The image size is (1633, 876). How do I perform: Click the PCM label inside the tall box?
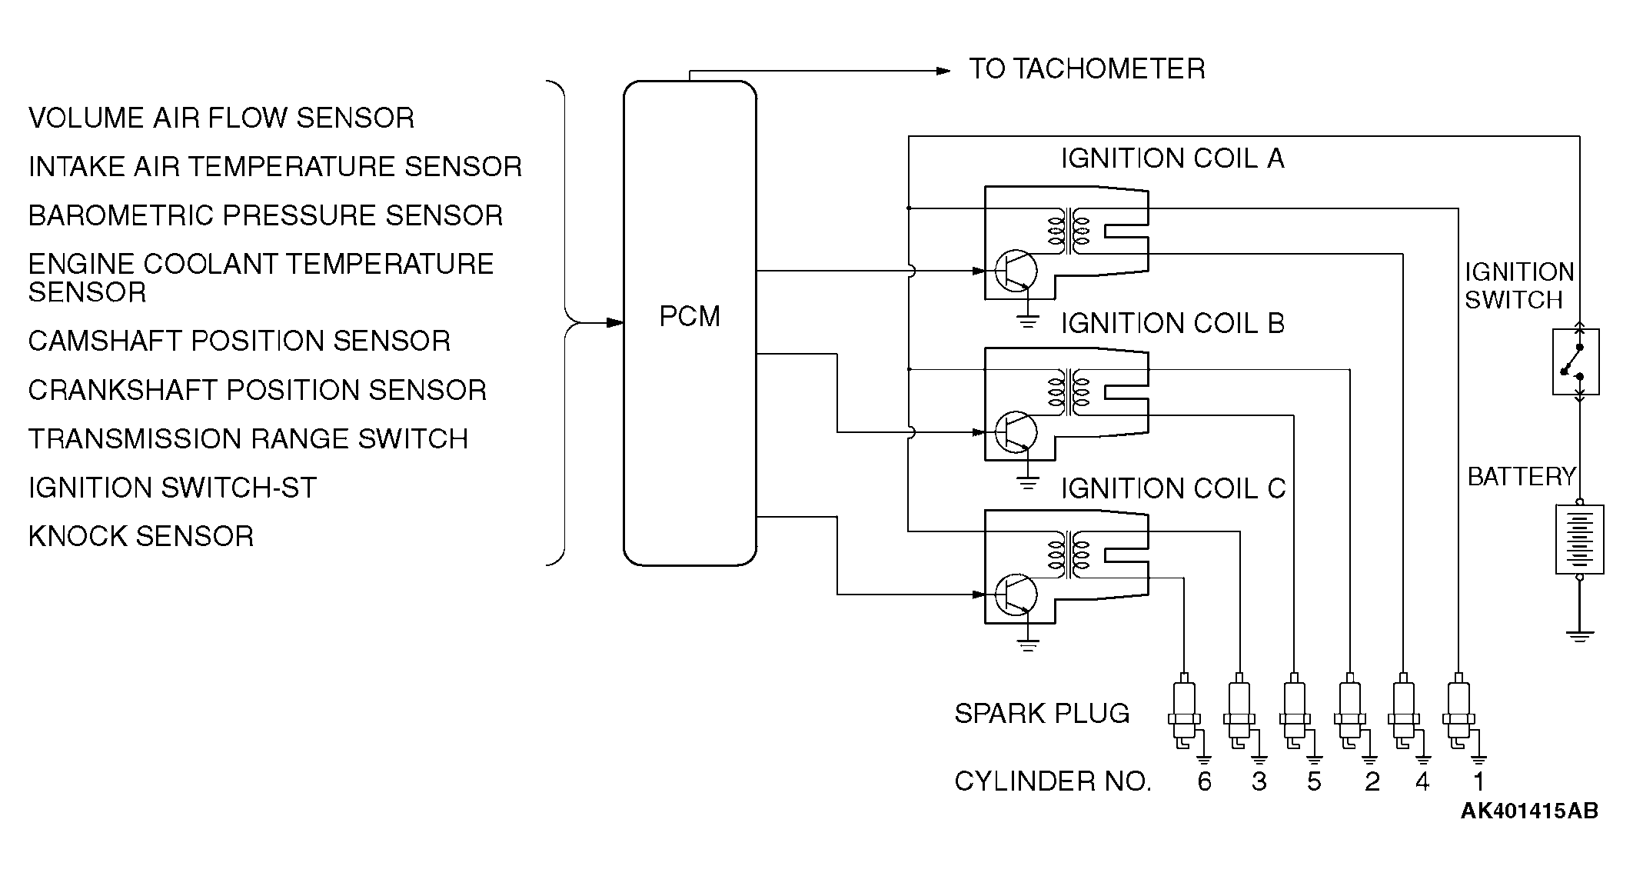pyautogui.click(x=690, y=316)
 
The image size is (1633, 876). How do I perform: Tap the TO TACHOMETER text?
pyautogui.click(x=1086, y=69)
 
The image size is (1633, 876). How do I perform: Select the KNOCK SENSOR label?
pyautogui.click(x=141, y=536)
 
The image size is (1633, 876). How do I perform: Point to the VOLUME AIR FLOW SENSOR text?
pyautogui.click(x=221, y=118)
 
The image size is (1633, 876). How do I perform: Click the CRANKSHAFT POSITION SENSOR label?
pyautogui.click(x=257, y=390)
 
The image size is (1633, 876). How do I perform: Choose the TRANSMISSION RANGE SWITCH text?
pyautogui.click(x=248, y=438)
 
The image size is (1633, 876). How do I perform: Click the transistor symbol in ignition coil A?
pyautogui.click(x=1015, y=271)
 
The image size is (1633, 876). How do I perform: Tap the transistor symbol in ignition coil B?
pyautogui.click(x=1015, y=432)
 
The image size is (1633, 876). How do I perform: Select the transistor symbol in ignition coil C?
pyautogui.click(x=1015, y=595)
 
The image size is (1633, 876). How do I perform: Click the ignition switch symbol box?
pyautogui.click(x=1575, y=361)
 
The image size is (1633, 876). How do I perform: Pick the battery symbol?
pyautogui.click(x=1579, y=539)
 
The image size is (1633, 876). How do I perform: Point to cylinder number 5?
pyautogui.click(x=1314, y=781)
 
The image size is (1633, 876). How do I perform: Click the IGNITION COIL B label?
pyautogui.click(x=1172, y=323)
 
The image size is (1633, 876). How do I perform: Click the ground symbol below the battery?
pyautogui.click(x=1579, y=636)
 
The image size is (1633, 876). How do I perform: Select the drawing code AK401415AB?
pyautogui.click(x=1529, y=811)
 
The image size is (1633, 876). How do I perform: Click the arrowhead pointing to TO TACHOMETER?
pyautogui.click(x=943, y=72)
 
